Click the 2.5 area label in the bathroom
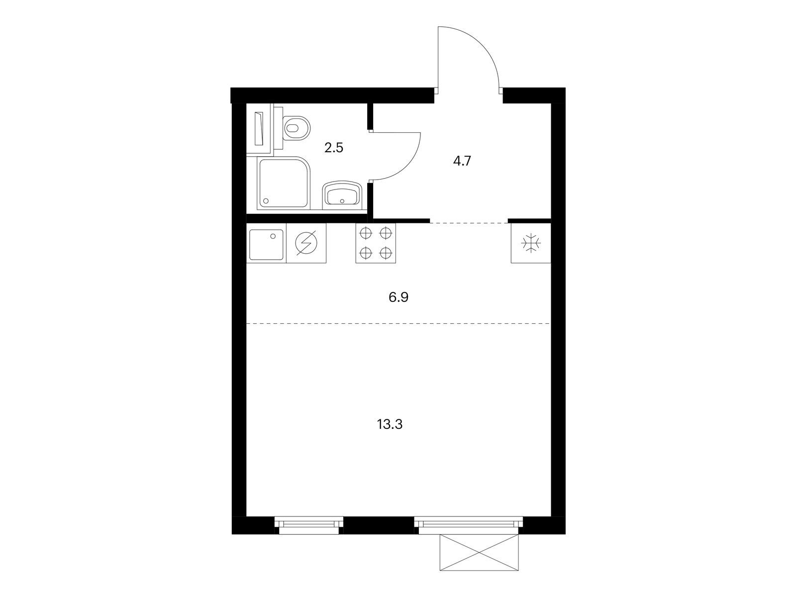(x=334, y=148)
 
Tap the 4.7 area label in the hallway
(x=462, y=161)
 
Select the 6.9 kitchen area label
(x=398, y=298)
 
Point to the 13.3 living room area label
(x=390, y=424)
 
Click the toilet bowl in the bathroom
(x=297, y=128)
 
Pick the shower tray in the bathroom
(x=284, y=183)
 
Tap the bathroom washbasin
(x=342, y=195)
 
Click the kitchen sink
(x=266, y=244)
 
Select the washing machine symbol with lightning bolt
(x=306, y=243)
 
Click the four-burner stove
(x=375, y=243)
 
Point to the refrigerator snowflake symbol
(x=531, y=243)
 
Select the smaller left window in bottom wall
(x=308, y=525)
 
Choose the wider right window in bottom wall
(x=469, y=525)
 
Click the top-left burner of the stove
(x=366, y=233)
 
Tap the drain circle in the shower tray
(x=266, y=200)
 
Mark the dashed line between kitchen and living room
(x=398, y=323)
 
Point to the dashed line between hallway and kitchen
(x=469, y=223)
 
